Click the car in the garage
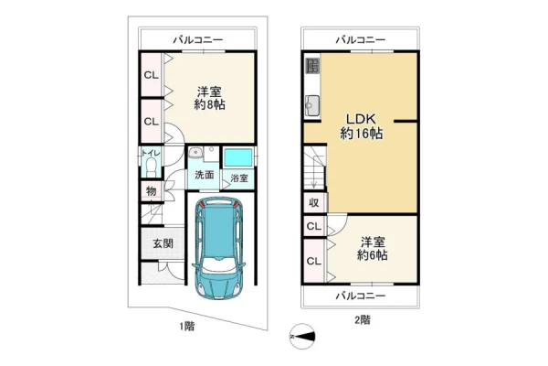pyautogui.click(x=219, y=248)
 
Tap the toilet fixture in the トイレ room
pyautogui.click(x=152, y=167)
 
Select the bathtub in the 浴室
pyautogui.click(x=237, y=157)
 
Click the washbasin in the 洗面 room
pyautogui.click(x=195, y=153)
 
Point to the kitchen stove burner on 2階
pyautogui.click(x=312, y=66)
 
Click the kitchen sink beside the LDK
pyautogui.click(x=312, y=106)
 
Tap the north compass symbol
pyautogui.click(x=302, y=337)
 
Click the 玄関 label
pyautogui.click(x=163, y=243)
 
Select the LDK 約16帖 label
pyautogui.click(x=361, y=126)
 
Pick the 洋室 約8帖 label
pyautogui.click(x=209, y=99)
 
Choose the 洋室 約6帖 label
pyautogui.click(x=373, y=249)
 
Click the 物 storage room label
pyautogui.click(x=152, y=191)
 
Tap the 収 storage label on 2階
pyautogui.click(x=314, y=202)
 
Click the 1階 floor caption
pyautogui.click(x=187, y=327)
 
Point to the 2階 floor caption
pyautogui.click(x=363, y=319)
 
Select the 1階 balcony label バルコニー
pyautogui.click(x=198, y=39)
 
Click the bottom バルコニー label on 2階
pyautogui.click(x=361, y=296)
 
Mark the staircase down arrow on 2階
pyautogui.click(x=314, y=172)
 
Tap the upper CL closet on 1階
pyautogui.click(x=151, y=75)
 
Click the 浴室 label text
pyautogui.click(x=239, y=178)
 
